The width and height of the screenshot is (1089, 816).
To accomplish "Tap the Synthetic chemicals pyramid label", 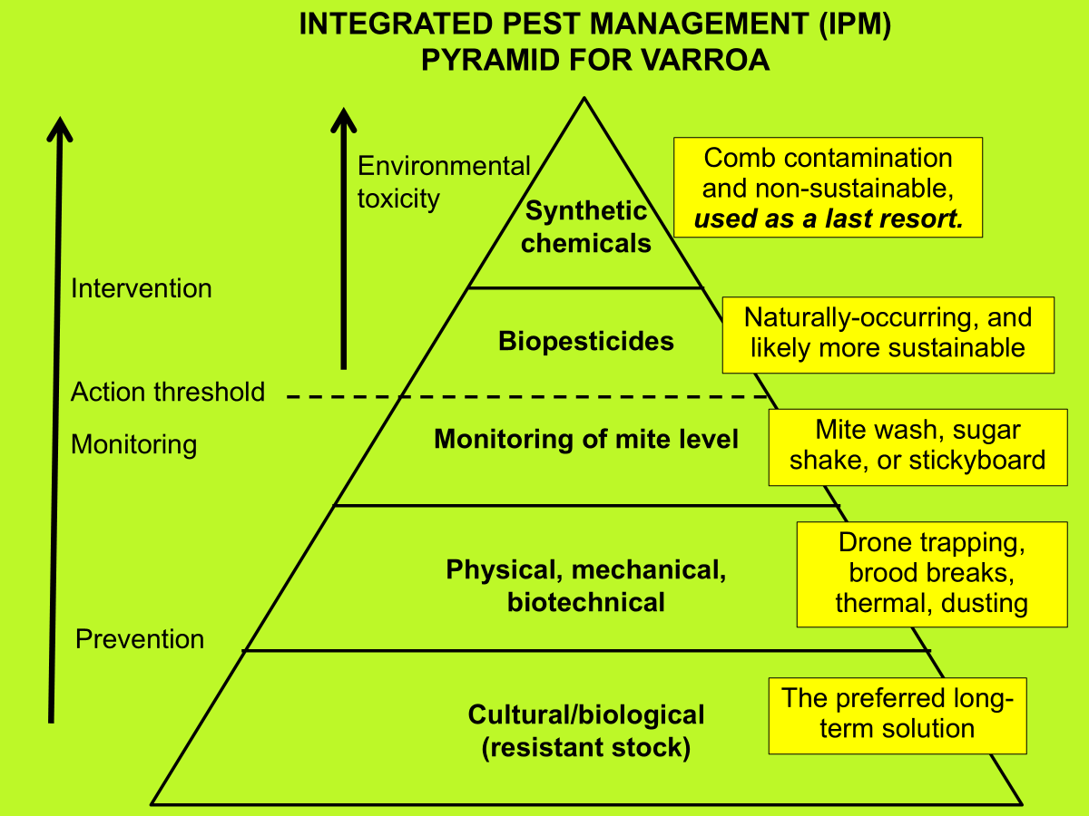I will pyautogui.click(x=586, y=227).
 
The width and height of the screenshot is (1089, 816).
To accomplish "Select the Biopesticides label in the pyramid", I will pyautogui.click(x=586, y=341).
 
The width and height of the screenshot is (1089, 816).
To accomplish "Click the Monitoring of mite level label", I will pyautogui.click(x=586, y=440).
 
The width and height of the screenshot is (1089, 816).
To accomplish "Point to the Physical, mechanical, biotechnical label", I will pyautogui.click(x=586, y=586).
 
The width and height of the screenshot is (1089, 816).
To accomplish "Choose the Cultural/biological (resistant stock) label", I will pyautogui.click(x=586, y=731).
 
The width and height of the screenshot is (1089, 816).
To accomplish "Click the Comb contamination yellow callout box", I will pyautogui.click(x=828, y=188).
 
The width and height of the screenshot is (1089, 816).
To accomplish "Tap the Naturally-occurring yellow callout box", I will pyautogui.click(x=888, y=334).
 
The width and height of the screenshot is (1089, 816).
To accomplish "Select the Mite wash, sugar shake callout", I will pyautogui.click(x=917, y=445).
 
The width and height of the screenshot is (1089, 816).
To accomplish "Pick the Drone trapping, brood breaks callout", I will pyautogui.click(x=932, y=573).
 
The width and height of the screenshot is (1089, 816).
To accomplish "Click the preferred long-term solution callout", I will pyautogui.click(x=898, y=714).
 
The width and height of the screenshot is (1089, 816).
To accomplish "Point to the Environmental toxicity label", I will pyautogui.click(x=443, y=182).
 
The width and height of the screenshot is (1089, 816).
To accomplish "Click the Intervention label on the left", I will pyautogui.click(x=141, y=288).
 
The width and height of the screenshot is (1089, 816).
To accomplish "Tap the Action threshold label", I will pyautogui.click(x=168, y=392).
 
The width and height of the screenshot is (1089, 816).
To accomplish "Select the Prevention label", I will pyautogui.click(x=140, y=639).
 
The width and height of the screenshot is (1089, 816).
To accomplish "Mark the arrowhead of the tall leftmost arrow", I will pyautogui.click(x=60, y=128).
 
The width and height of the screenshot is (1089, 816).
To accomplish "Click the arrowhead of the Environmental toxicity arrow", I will pyautogui.click(x=344, y=119).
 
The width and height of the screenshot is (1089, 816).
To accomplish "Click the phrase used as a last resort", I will pyautogui.click(x=828, y=219).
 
